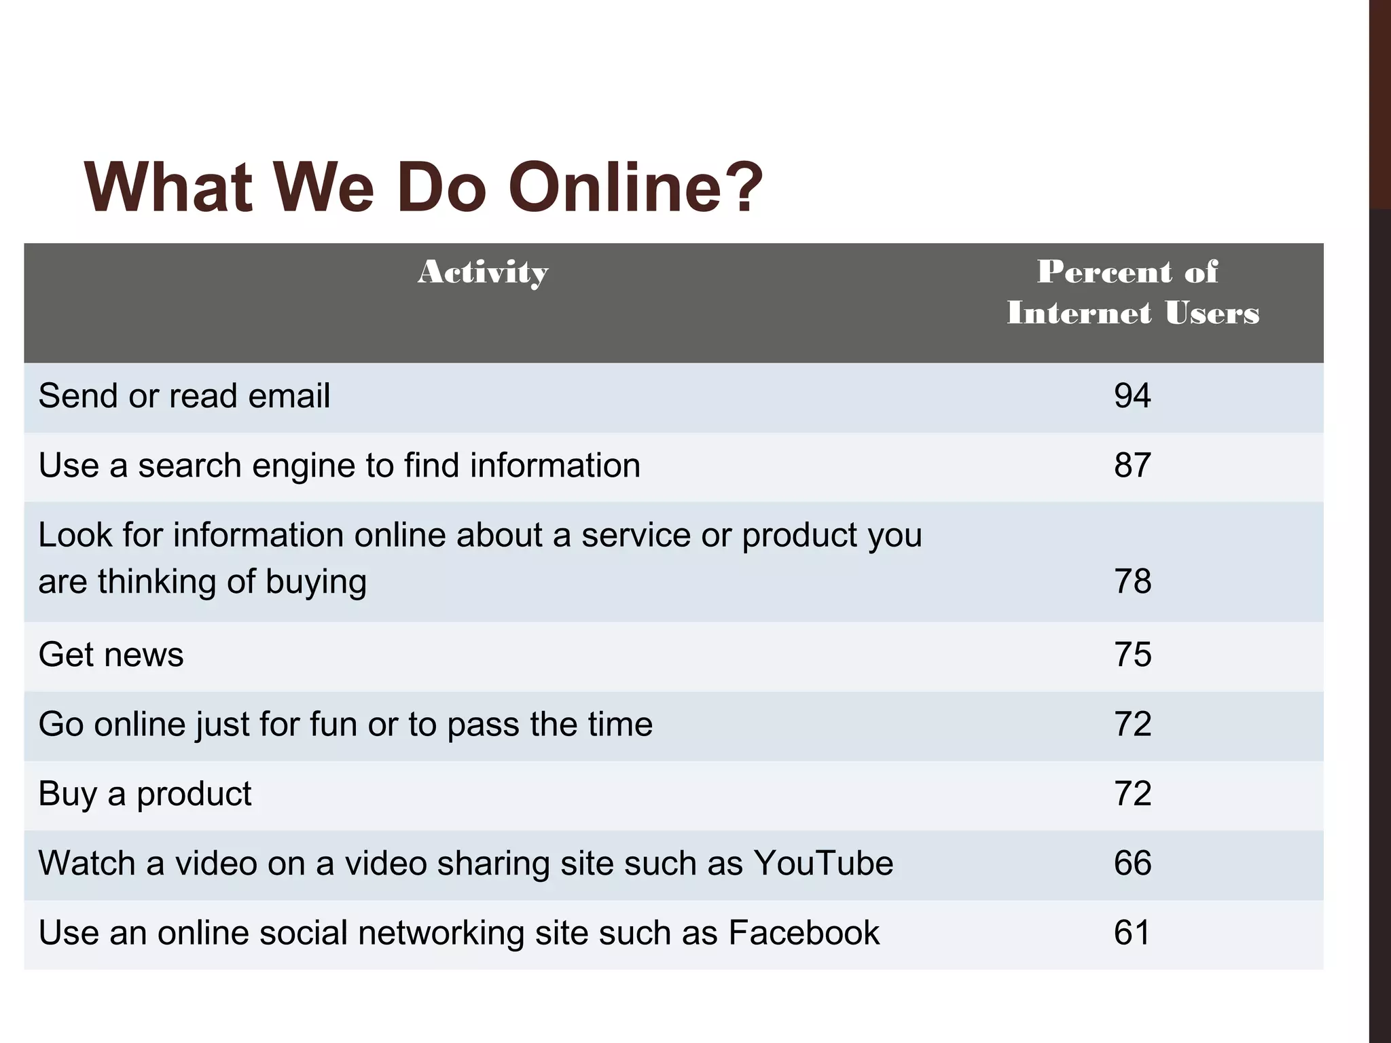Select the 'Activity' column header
pos(483,273)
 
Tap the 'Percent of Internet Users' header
pos(1132,293)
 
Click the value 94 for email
pos(1132,396)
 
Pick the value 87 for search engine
pos(1132,466)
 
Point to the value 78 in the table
pos(1132,582)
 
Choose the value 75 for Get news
pos(1132,655)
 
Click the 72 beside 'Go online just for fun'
pos(1132,724)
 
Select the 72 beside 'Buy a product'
pos(1132,794)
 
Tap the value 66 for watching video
pos(1132,863)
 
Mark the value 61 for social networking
pos(1132,933)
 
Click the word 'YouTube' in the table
pos(823,864)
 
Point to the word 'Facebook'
pos(803,933)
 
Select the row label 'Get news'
pos(111,655)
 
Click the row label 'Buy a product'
pos(145,794)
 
